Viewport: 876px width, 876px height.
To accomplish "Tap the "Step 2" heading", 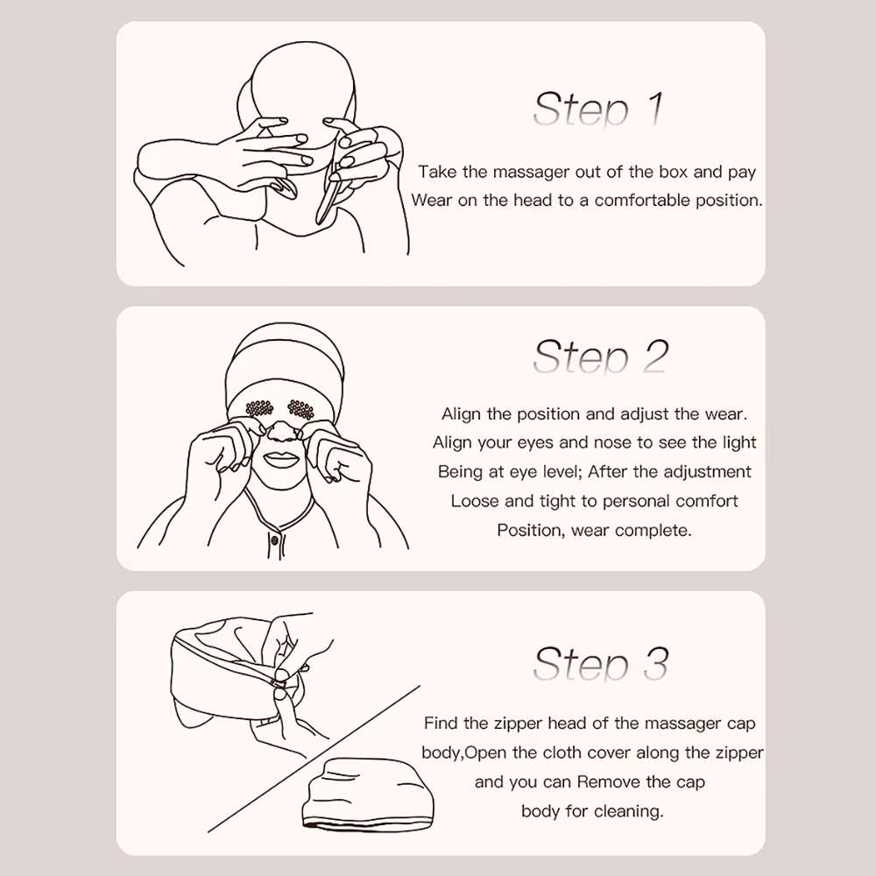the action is coord(601,357).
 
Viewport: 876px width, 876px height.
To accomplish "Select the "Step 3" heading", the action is coord(601,664).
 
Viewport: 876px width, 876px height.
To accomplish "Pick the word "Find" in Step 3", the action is coord(442,723).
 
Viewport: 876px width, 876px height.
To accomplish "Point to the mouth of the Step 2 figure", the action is coord(283,462).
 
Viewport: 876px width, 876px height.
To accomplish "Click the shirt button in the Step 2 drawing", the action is coord(274,540).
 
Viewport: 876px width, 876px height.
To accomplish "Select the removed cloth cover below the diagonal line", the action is coord(368,793).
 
